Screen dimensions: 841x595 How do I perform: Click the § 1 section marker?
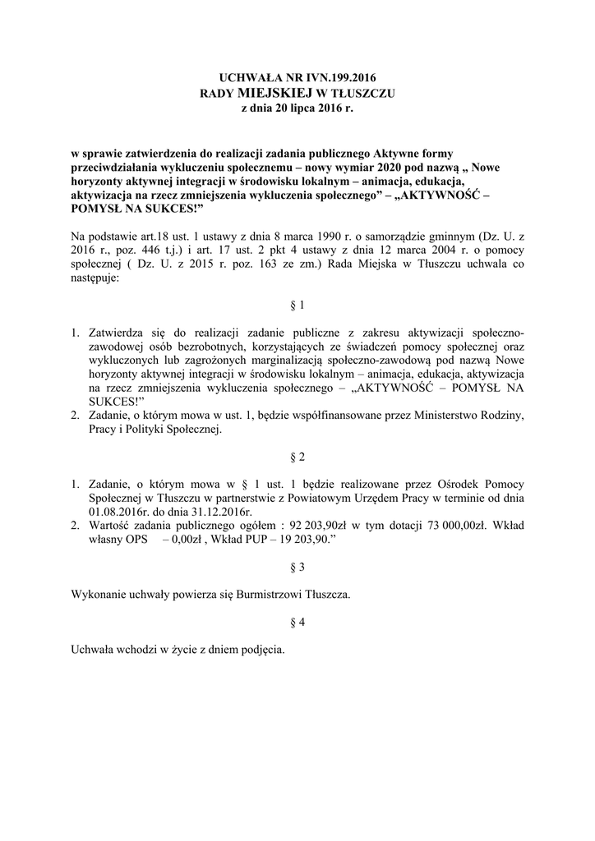coord(297,306)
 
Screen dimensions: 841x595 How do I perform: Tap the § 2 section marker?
coord(297,455)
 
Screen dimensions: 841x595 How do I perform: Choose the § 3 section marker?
coord(297,567)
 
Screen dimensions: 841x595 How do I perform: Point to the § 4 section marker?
coord(297,623)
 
